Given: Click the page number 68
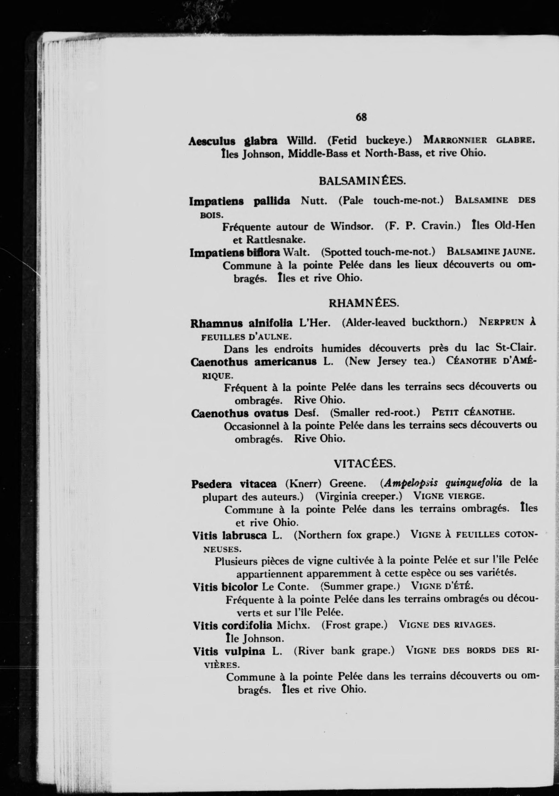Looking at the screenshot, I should pos(361,117).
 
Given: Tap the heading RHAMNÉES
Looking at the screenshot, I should pos(364,303).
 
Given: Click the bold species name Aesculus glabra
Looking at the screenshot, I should pos(233,141).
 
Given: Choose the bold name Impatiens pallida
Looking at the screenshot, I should pos(239,201).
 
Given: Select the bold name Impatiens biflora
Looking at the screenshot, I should pos(235,252).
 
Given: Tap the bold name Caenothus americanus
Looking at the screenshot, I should pos(253,361).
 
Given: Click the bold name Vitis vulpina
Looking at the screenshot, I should pos(229,651).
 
